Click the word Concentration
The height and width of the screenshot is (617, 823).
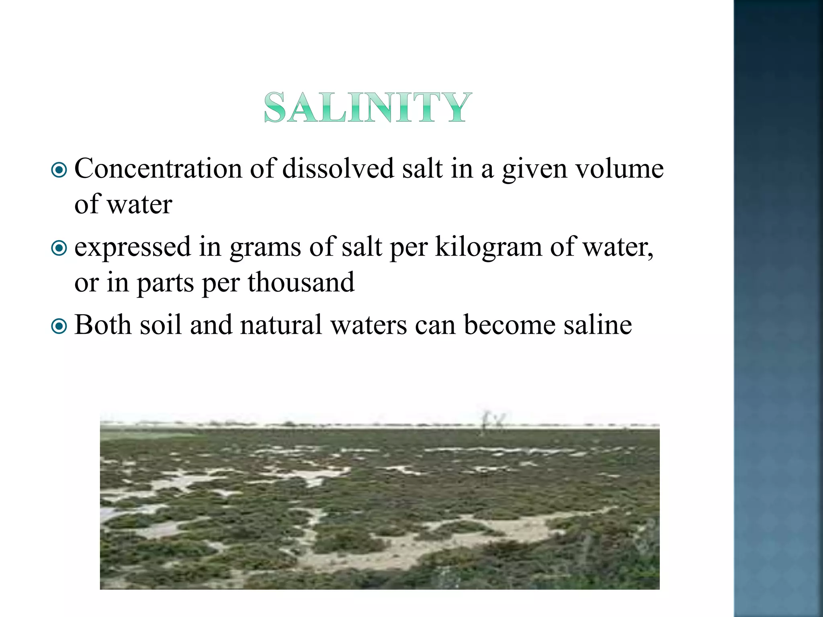point(158,169)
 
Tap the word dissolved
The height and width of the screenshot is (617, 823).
point(338,169)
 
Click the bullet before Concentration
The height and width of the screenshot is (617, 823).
point(59,170)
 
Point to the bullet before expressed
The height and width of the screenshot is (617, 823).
point(59,248)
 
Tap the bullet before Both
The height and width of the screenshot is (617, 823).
point(59,326)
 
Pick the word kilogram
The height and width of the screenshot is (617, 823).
point(488,247)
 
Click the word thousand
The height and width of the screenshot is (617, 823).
point(301,282)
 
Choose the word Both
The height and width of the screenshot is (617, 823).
point(102,325)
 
